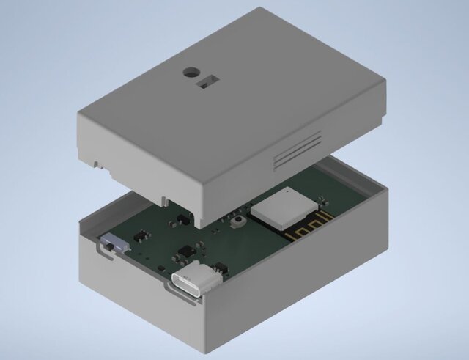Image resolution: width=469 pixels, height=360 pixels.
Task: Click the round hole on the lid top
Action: [191, 73]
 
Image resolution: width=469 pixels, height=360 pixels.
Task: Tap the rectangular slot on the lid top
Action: [210, 81]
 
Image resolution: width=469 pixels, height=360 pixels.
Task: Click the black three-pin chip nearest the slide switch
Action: [139, 237]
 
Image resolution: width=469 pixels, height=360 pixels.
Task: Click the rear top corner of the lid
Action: [262, 10]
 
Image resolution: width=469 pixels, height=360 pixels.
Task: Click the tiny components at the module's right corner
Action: [320, 196]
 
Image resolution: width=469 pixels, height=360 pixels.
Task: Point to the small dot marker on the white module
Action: [289, 193]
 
